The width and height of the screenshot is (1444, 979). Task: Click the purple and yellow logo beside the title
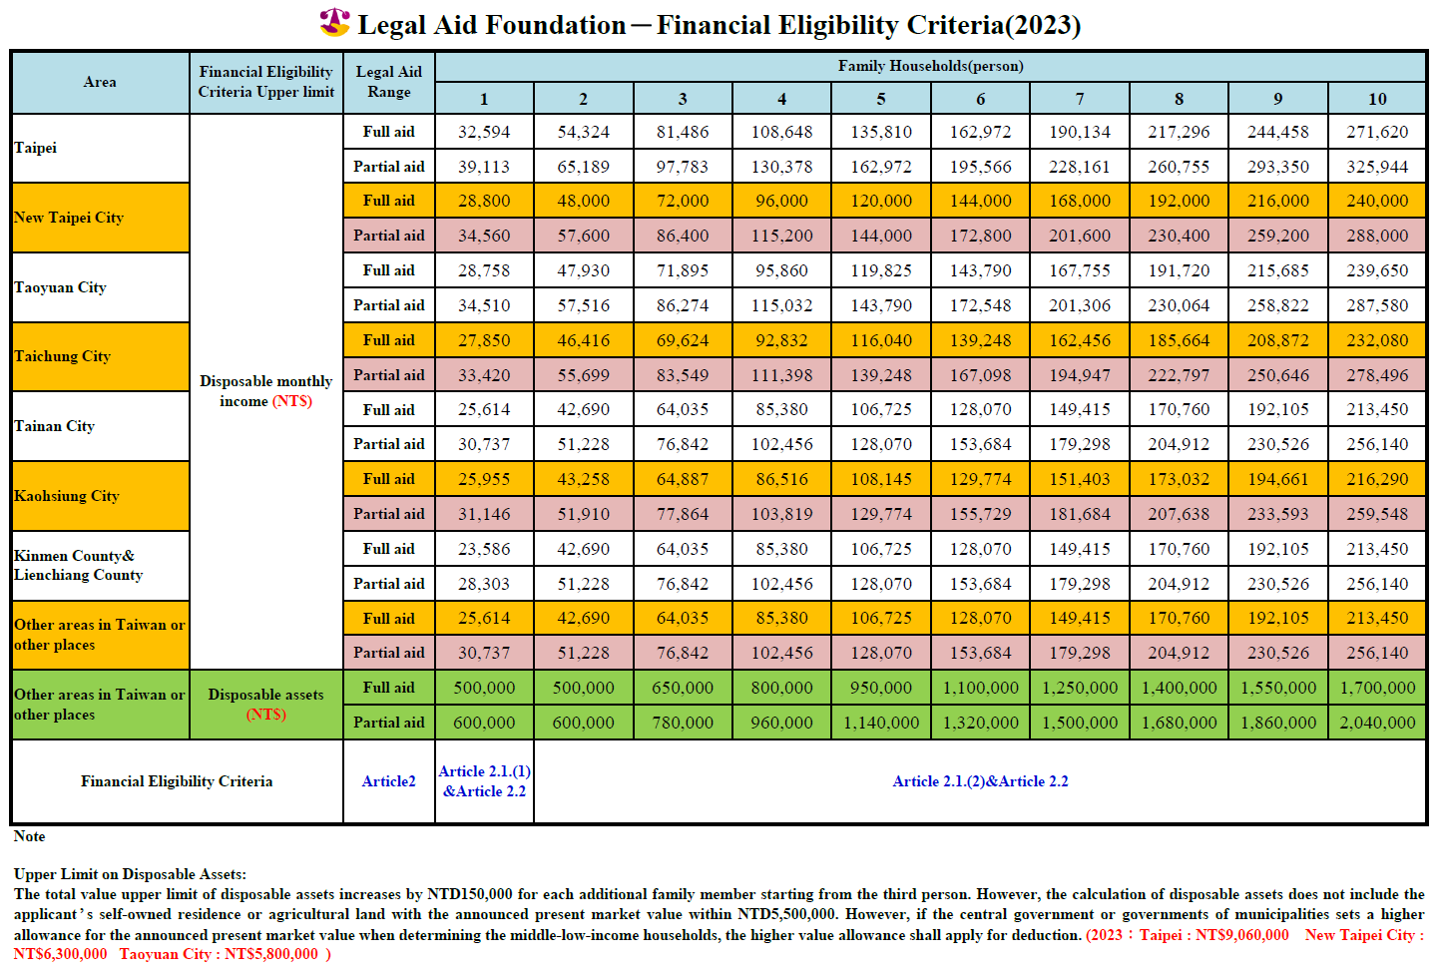click(334, 22)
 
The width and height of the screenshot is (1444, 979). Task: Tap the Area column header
click(100, 82)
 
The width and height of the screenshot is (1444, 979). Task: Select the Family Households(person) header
click(930, 66)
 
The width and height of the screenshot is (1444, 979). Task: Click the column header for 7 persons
click(1079, 99)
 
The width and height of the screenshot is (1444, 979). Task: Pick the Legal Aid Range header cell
click(389, 82)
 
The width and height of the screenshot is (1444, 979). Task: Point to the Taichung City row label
click(63, 356)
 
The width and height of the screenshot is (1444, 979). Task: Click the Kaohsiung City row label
click(67, 496)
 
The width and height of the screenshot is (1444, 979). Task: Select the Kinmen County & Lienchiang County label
click(78, 565)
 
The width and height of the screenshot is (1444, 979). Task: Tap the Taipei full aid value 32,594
click(483, 132)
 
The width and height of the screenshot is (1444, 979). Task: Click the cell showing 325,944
click(1377, 167)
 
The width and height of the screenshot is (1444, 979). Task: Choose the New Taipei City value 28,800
click(483, 201)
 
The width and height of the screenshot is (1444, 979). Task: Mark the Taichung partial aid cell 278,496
click(1377, 375)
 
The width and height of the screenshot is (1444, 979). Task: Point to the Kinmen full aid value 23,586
click(483, 549)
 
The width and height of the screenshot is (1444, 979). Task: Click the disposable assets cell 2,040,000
click(1377, 723)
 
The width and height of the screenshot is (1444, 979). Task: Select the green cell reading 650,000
click(682, 688)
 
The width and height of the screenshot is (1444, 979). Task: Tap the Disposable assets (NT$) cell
click(265, 705)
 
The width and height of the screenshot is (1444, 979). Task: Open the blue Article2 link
click(389, 781)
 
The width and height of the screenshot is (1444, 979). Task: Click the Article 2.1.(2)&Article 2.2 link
click(980, 781)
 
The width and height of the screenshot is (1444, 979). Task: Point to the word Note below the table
click(30, 836)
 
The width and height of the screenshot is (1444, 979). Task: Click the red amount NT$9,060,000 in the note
click(1241, 934)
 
